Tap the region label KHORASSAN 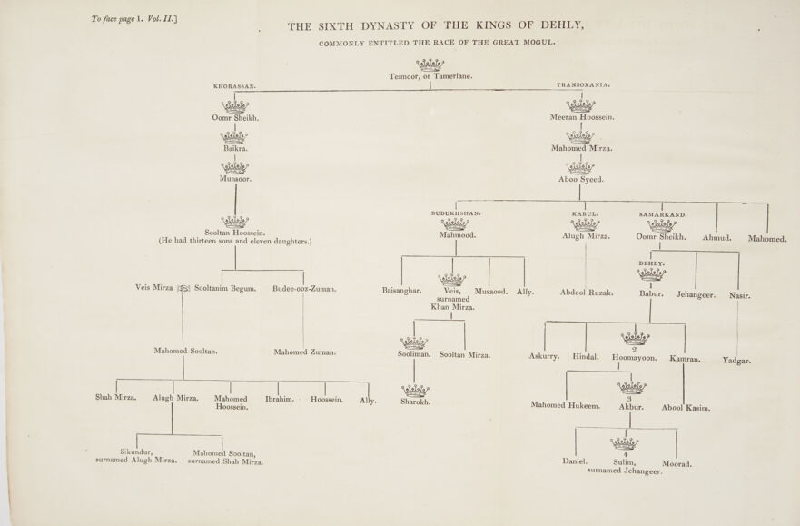point(234,86)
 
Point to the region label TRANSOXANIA point(582,84)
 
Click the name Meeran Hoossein point(582,118)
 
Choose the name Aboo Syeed point(581,179)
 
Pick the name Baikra point(235,148)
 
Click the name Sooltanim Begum point(225,288)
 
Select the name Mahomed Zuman point(305,352)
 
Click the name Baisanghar point(405,292)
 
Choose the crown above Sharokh point(415,390)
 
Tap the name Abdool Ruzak point(587,293)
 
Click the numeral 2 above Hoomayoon point(634,350)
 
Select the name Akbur point(631,407)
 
